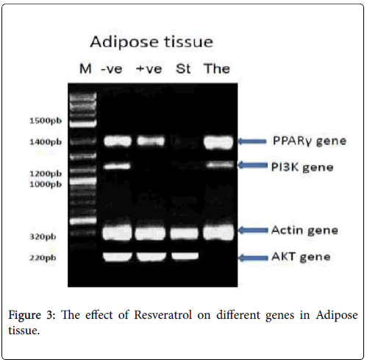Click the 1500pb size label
46,121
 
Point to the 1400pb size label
46,142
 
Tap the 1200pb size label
46,174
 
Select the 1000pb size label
46,184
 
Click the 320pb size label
43,236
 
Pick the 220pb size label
43,258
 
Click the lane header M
85,68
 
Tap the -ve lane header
112,69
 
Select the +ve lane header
149,69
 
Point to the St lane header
183,68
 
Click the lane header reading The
217,68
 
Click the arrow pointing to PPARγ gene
252,141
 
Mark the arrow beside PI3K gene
253,165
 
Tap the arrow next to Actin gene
253,230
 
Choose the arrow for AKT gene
253,258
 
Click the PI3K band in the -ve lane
117,166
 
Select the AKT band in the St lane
185,256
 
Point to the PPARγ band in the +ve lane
151,141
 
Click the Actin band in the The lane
218,233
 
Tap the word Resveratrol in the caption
163,315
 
